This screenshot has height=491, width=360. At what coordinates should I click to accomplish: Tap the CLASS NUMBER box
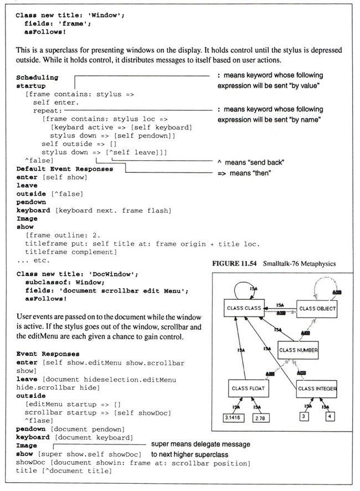(x=299, y=350)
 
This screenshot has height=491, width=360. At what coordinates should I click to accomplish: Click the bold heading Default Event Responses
(x=65, y=168)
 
